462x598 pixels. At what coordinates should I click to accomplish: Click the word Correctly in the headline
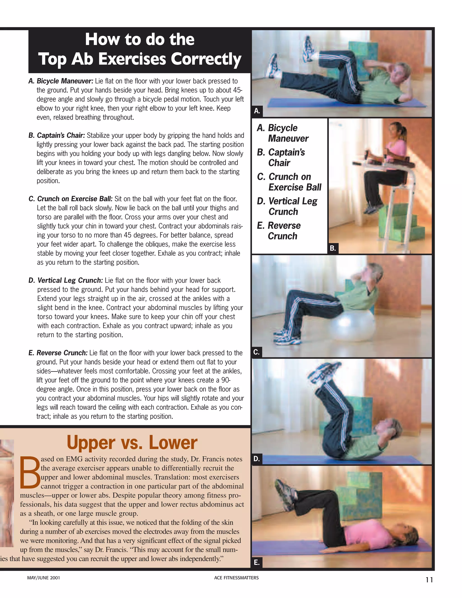coord(206,59)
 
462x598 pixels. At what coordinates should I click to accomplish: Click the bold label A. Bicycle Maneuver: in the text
coord(61,81)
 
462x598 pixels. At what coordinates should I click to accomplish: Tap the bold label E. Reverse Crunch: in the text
coord(58,353)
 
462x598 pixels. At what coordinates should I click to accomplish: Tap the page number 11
coord(429,580)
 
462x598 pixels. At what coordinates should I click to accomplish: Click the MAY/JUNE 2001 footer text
coord(43,578)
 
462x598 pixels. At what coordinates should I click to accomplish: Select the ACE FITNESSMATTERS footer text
coord(236,578)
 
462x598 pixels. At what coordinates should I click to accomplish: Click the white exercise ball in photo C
coord(353,326)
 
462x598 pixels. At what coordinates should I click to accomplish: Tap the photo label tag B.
coord(333,248)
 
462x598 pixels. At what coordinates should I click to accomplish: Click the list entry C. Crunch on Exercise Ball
coord(289,182)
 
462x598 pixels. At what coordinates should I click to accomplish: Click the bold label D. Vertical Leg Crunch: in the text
coord(66,280)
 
